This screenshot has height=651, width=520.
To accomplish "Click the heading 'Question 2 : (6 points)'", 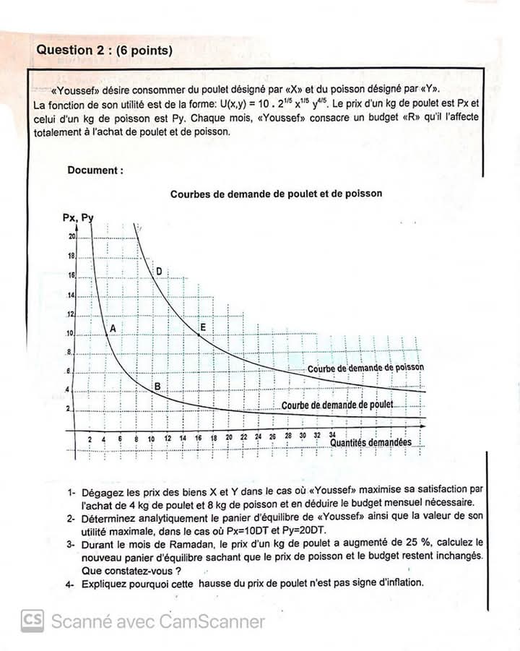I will tap(104, 50).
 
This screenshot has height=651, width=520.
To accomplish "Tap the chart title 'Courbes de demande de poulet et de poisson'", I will tap(276, 194).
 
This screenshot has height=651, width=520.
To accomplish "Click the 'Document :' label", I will tap(95, 171).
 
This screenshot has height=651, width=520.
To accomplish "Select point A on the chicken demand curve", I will tap(107, 335).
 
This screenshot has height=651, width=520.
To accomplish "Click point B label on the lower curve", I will tap(157, 387).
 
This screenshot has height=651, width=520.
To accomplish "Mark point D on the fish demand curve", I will tap(159, 271).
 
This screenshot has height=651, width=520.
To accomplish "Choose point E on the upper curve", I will tap(200, 335).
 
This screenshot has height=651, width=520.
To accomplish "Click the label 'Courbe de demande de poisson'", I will tap(365, 368).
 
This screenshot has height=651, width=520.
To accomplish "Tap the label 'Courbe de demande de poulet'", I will tap(337, 405).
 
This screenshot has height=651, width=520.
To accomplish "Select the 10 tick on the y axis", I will tap(71, 334).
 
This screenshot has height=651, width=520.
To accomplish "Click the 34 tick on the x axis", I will tap(333, 436).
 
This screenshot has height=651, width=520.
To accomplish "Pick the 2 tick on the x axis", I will tap(90, 439).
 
